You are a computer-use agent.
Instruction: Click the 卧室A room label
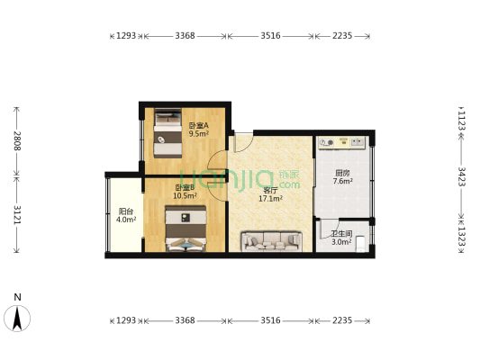(198, 125)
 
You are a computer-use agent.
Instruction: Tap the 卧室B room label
(185, 187)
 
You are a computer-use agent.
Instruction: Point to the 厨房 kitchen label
(342, 173)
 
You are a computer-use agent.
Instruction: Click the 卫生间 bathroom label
(341, 233)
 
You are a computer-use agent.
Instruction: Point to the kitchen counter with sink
(341, 142)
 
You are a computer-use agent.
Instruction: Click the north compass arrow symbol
(18, 318)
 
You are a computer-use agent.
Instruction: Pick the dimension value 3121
(15, 215)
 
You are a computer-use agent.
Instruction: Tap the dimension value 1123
(461, 119)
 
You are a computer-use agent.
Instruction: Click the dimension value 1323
(461, 237)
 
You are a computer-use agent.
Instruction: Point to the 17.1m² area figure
(271, 199)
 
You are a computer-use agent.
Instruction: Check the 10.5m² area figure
(185, 196)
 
